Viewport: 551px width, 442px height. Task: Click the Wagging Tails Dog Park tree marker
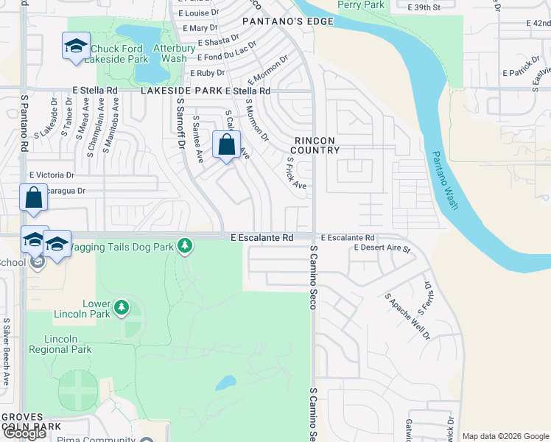tap(185, 245)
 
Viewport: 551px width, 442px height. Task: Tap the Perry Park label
tap(360, 5)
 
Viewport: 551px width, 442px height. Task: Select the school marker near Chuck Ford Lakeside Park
tap(76, 47)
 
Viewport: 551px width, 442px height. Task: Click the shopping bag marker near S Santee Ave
tap(226, 144)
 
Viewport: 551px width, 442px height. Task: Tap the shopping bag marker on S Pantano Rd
tap(33, 197)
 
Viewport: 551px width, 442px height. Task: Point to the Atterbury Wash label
tap(170, 53)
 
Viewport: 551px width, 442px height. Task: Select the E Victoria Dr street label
tap(52, 175)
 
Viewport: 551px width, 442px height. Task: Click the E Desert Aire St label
tap(381, 248)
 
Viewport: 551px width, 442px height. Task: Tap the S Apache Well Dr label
tap(407, 316)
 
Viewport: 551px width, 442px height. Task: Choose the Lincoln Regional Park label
tap(68, 344)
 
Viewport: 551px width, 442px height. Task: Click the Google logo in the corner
tap(24, 433)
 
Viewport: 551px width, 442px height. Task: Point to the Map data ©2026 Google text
tap(505, 436)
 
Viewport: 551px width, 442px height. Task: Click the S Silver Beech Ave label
tap(6, 352)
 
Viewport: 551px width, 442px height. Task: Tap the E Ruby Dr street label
tap(207, 73)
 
